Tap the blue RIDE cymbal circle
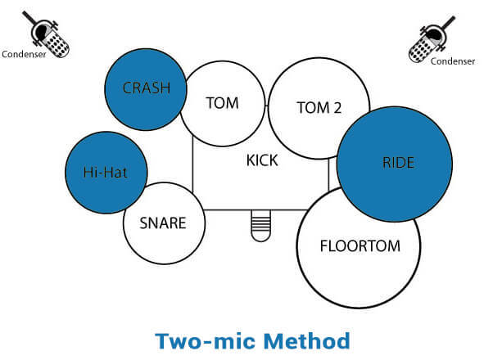395,164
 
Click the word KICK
262,160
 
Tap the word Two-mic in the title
206,340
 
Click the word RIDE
398,163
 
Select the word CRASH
146,88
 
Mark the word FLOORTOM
358,245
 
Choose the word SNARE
162,223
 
